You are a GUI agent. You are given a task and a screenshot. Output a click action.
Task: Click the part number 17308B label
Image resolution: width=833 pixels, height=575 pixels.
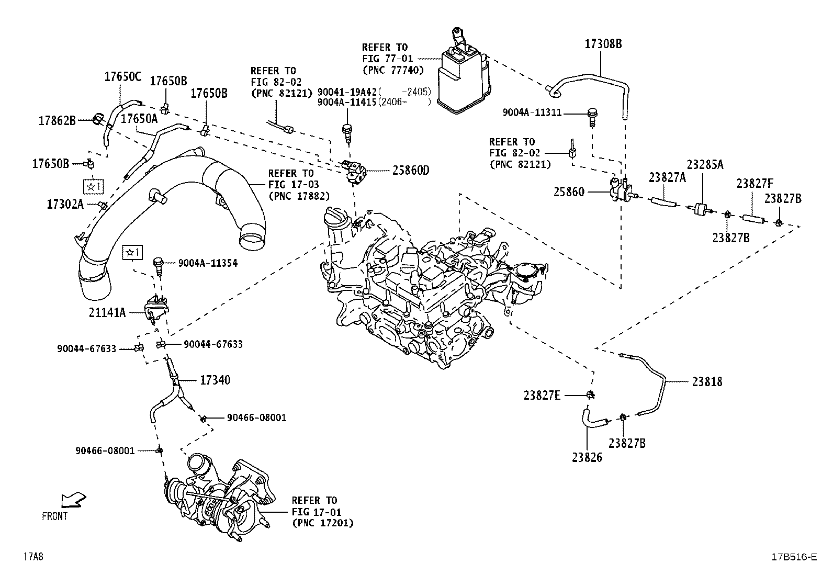(603, 44)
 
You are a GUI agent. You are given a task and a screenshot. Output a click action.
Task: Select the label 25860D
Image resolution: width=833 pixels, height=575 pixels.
(410, 170)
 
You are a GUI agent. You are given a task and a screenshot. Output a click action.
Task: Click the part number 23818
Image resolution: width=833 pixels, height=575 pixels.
(707, 382)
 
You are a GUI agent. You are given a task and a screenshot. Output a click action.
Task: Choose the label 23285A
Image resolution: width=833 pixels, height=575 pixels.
(705, 164)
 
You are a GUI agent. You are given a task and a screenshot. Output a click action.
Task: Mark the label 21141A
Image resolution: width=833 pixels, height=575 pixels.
(107, 313)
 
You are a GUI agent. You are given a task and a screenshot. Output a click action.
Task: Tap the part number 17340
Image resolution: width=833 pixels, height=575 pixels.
(215, 380)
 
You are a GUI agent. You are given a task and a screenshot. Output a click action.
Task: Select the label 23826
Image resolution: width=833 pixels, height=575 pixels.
(587, 457)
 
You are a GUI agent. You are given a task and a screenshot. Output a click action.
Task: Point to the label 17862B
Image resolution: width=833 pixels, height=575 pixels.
(57, 121)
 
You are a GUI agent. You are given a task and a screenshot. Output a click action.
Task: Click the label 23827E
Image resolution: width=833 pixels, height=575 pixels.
(542, 396)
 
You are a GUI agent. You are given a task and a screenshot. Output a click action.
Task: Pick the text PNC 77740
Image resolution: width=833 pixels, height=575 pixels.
(392, 70)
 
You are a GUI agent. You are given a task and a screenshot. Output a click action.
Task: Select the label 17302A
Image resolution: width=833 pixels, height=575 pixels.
(65, 204)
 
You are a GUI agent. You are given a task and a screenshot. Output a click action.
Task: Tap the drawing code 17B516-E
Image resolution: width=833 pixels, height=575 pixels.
(793, 557)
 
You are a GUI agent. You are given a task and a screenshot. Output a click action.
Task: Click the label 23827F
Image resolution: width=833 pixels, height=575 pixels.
(755, 184)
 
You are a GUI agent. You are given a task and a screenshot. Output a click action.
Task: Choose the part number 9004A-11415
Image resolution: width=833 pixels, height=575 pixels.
(347, 103)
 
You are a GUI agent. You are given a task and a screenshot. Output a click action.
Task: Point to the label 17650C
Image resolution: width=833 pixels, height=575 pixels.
(122, 77)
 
